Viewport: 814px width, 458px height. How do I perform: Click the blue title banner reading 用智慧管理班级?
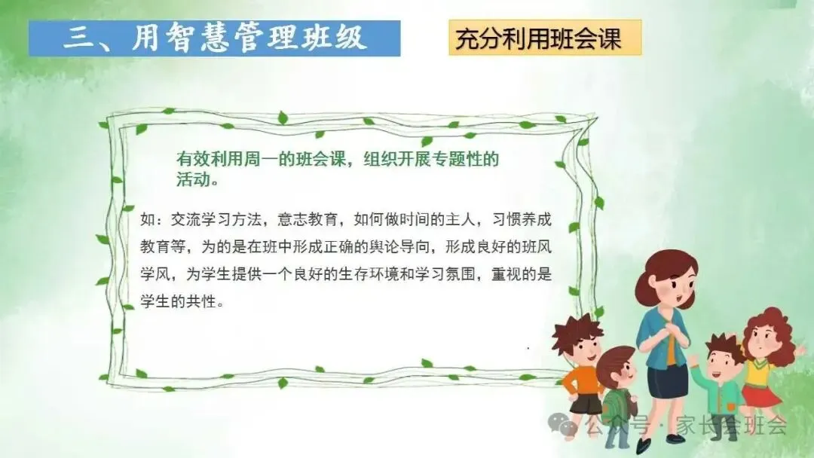pos(214,38)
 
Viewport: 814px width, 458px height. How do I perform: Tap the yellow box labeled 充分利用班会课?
pos(545,38)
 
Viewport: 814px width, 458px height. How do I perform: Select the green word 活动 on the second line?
pos(193,179)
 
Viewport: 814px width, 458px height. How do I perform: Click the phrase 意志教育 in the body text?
pos(308,219)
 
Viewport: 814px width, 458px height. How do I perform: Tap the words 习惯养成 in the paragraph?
pos(522,219)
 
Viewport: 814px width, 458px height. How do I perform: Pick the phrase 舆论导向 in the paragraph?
pos(399,246)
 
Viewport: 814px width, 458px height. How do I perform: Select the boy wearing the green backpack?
pos(618,394)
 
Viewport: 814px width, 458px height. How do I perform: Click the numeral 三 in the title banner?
pos(79,38)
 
